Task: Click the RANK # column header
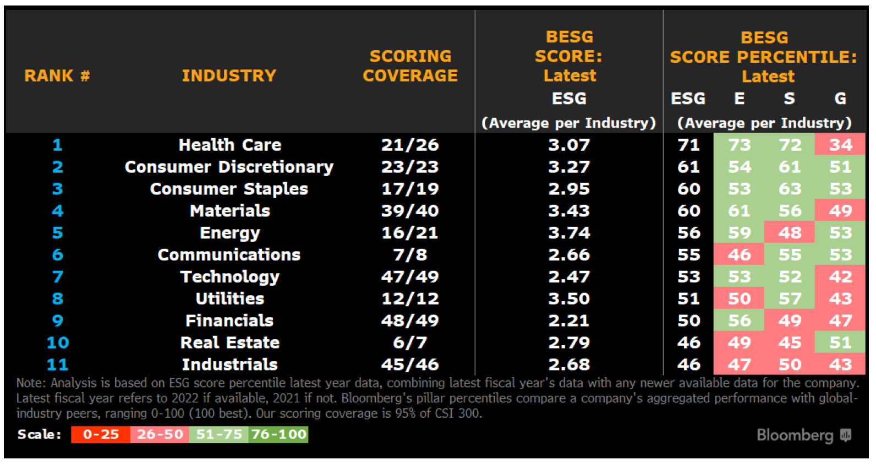click(57, 75)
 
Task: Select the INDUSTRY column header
click(229, 75)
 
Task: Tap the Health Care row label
click(229, 145)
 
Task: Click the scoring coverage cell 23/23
click(410, 167)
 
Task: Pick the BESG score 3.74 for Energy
click(569, 233)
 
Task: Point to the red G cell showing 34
click(840, 145)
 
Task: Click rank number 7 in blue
click(57, 277)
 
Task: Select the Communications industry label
click(229, 255)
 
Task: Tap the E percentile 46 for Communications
click(739, 255)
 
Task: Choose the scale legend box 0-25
click(101, 434)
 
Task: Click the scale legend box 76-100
click(278, 434)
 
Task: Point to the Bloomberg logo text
click(795, 435)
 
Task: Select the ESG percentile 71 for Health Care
click(688, 145)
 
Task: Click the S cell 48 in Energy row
click(790, 233)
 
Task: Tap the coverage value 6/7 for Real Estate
click(410, 343)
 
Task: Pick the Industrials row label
click(229, 364)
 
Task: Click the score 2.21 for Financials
click(569, 321)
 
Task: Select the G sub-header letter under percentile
click(840, 99)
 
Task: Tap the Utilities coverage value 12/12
click(410, 299)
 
